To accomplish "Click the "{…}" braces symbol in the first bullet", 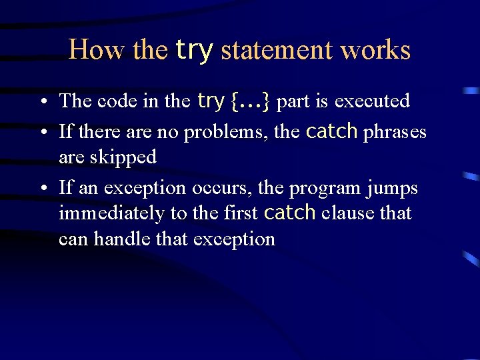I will pyautogui.click(x=250, y=101).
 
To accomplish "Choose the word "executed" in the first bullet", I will pyautogui.click(x=372, y=101).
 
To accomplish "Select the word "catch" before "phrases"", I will pyautogui.click(x=332, y=131).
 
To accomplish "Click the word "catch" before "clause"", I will pyautogui.click(x=289, y=213).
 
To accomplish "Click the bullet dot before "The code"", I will pyautogui.click(x=43, y=102).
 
